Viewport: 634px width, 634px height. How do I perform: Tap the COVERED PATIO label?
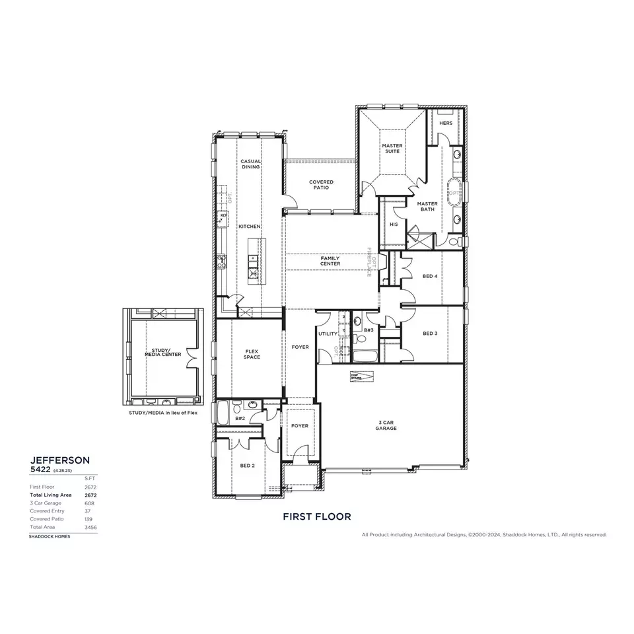coord(321,185)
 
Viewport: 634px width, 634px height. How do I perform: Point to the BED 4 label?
coord(429,276)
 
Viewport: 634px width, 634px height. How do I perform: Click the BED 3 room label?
coord(429,334)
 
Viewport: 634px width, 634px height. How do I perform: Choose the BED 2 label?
coord(247,466)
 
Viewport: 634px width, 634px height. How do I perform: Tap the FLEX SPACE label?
coord(252,354)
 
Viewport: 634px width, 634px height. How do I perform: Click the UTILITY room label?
coord(327,334)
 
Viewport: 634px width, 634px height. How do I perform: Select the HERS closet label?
coord(446,123)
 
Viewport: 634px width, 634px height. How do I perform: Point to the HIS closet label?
coord(394,225)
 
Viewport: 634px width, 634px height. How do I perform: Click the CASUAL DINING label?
coord(250,164)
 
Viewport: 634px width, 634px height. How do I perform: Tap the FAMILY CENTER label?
coord(330,261)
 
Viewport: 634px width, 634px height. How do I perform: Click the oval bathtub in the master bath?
coord(454,192)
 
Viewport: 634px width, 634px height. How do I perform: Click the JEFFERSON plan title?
coord(60,459)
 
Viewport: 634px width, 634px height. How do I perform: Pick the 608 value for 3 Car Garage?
coord(89,503)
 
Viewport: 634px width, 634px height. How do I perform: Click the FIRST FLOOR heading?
coord(316,516)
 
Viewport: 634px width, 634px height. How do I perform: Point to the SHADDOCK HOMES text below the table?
coord(49,536)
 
